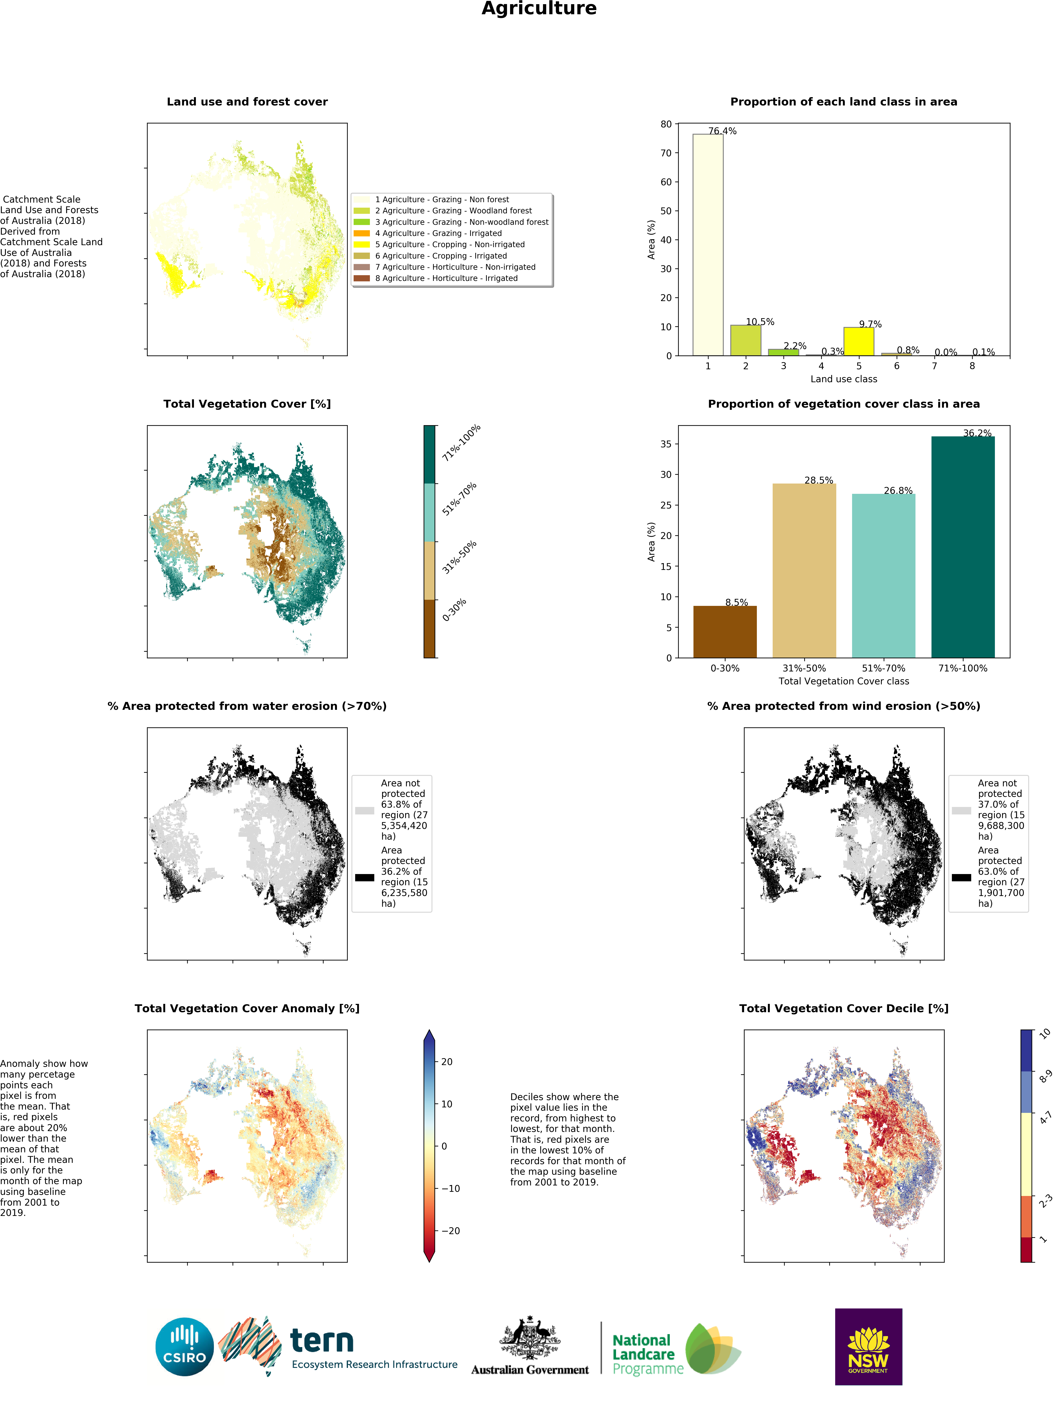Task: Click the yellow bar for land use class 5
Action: point(859,341)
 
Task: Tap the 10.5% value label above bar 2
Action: point(760,322)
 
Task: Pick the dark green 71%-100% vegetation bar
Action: point(962,547)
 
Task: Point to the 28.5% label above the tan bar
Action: point(819,480)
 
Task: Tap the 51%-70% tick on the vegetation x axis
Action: point(883,668)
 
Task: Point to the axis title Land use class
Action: point(843,379)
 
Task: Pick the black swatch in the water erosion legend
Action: point(364,877)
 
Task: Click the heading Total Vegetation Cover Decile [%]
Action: point(843,1008)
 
